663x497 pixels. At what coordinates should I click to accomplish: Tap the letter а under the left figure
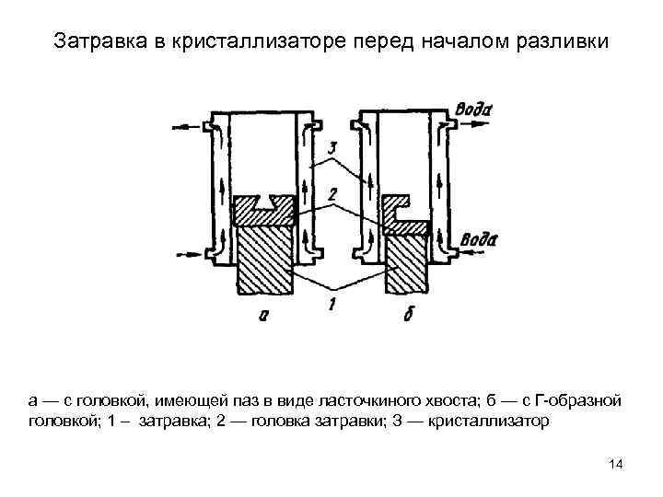pos(263,316)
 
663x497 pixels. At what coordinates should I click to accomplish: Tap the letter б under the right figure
pos(408,316)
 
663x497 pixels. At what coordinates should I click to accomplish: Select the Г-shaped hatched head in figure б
pos(405,214)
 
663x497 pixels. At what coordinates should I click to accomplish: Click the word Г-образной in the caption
pos(583,401)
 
